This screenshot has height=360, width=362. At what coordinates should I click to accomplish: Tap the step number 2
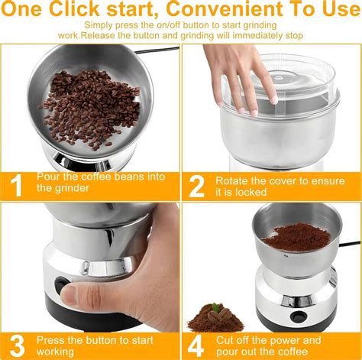tap(197, 185)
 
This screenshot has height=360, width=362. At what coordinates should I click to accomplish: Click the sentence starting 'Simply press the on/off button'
tap(181, 31)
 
